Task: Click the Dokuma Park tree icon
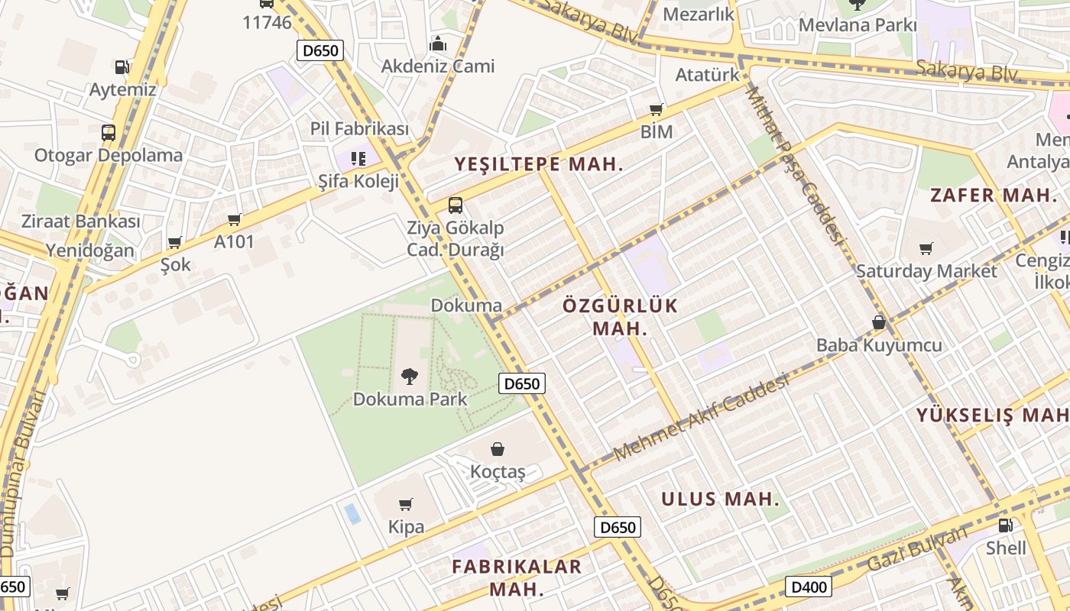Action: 410,375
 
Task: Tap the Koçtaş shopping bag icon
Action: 498,448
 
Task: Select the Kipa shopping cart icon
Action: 406,504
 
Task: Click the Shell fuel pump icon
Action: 1006,525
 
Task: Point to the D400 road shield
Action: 809,587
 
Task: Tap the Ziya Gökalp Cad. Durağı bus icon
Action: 456,205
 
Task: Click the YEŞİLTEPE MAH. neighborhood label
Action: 539,164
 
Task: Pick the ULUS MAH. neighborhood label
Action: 721,499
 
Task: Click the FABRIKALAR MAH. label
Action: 517,577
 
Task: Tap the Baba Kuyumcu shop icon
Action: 879,322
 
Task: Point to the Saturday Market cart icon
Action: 926,248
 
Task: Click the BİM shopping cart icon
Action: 656,109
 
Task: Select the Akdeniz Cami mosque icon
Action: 438,44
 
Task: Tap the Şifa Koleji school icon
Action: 358,158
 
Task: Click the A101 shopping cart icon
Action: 235,219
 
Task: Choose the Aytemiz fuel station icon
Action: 122,67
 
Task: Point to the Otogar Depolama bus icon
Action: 109,132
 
